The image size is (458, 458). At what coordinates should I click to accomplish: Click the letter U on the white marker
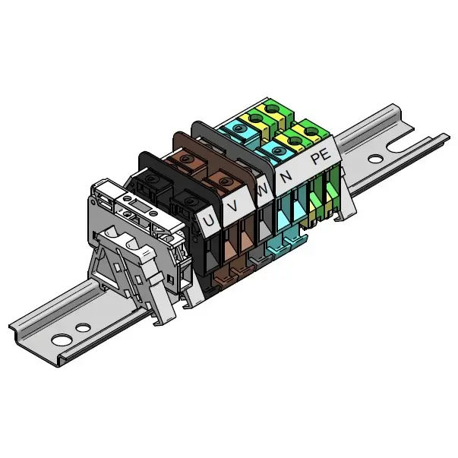tap(209, 220)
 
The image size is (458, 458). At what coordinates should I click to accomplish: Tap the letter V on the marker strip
tap(233, 206)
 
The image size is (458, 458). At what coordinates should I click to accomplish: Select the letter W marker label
tap(263, 191)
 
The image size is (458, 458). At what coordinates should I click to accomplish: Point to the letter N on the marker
tap(286, 177)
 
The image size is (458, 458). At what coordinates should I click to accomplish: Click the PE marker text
tap(321, 158)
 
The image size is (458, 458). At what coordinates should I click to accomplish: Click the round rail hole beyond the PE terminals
tap(376, 160)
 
